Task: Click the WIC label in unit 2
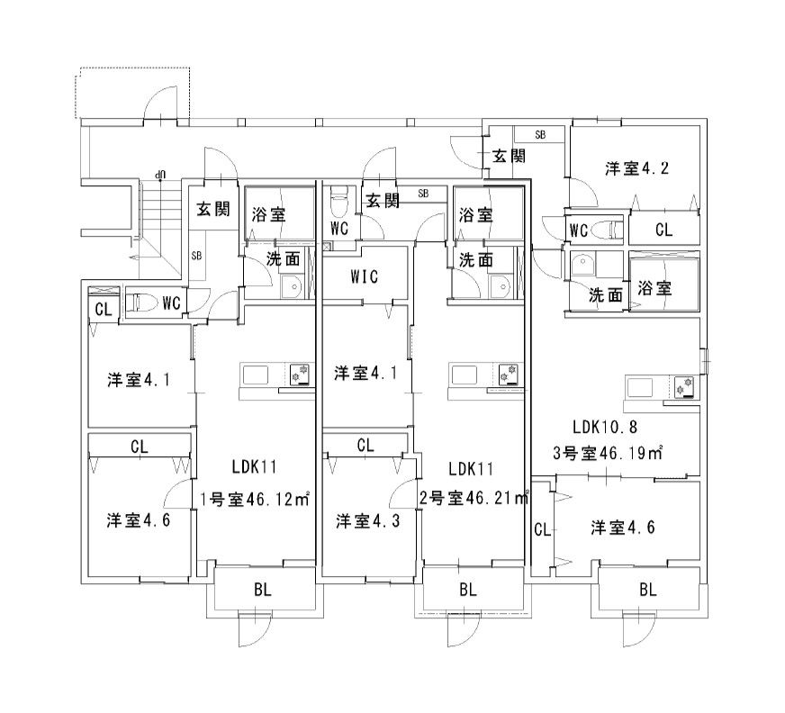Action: coord(364,276)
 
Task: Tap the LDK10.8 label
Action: coord(604,427)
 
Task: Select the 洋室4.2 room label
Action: coord(636,168)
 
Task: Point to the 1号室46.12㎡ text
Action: coord(255,500)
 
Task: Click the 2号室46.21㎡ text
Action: coord(474,498)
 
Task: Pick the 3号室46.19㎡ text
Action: coord(608,453)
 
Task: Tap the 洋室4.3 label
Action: coord(368,521)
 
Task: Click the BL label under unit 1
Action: coord(262,590)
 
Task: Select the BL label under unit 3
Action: coord(648,590)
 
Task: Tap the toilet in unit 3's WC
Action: coord(607,230)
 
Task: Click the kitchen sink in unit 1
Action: coord(256,375)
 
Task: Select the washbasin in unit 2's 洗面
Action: coord(500,286)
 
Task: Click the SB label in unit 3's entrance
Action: coord(540,135)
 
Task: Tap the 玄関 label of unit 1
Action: coord(213,208)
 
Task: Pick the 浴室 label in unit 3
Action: coord(654,288)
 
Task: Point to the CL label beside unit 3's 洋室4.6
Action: coord(542,529)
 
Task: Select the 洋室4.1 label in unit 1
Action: coord(139,380)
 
